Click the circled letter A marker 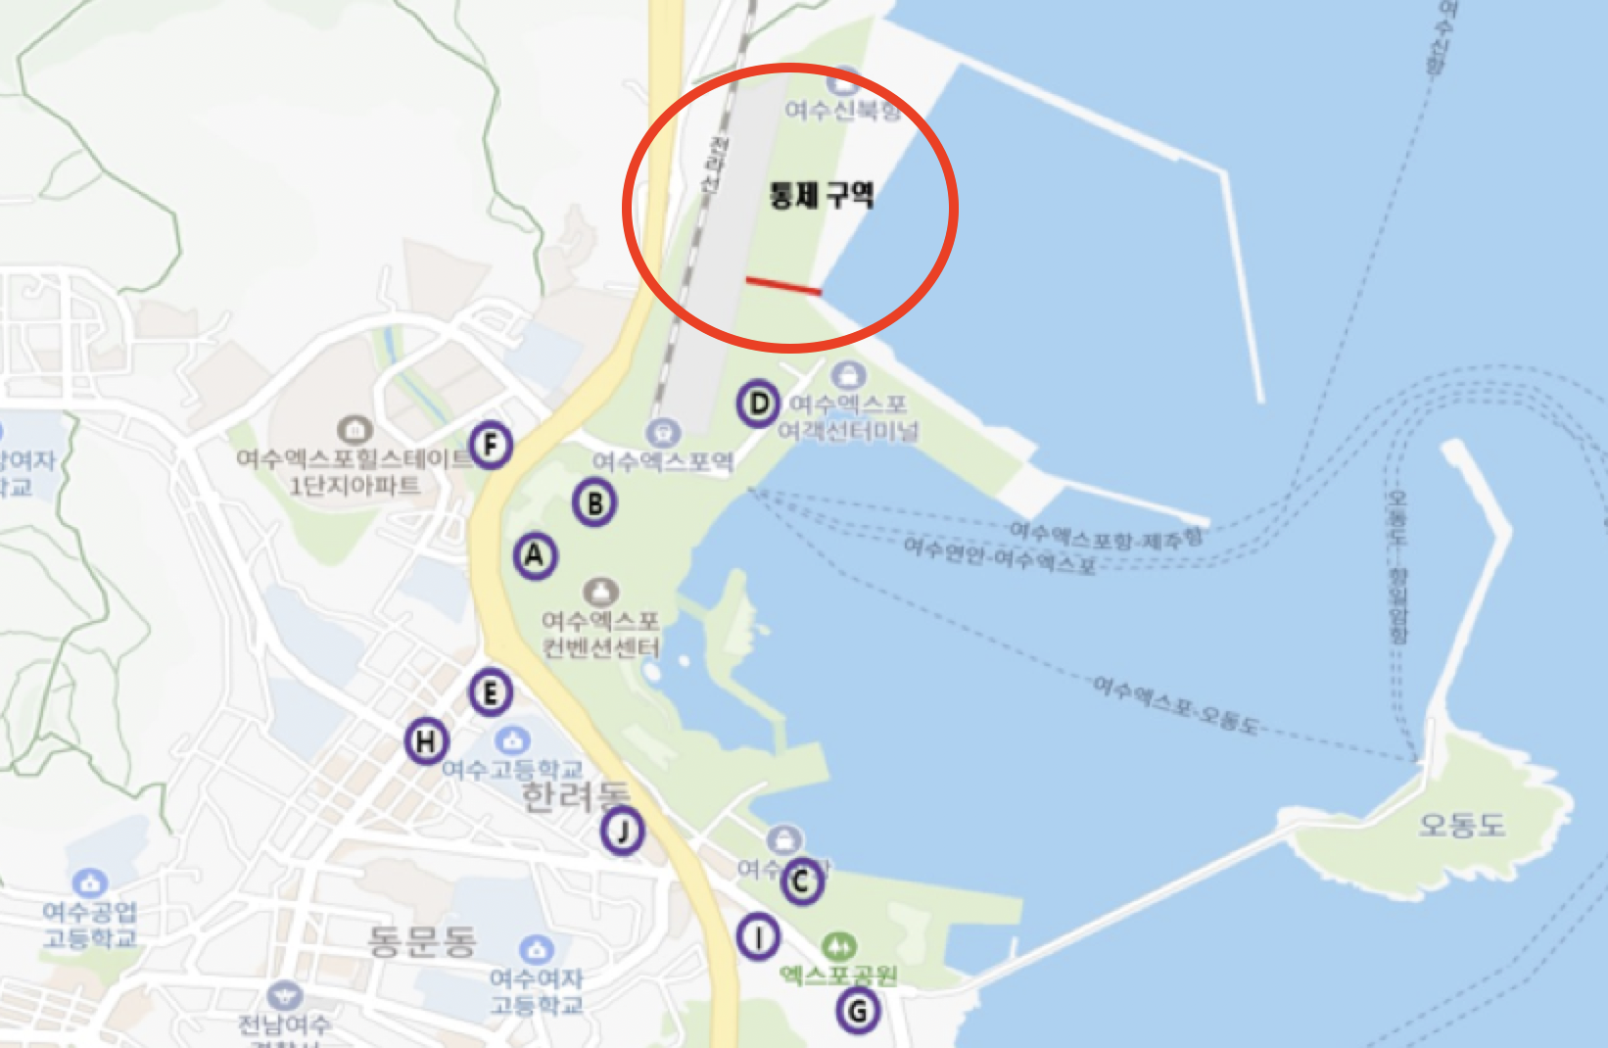coord(535,556)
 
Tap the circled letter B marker coord(594,503)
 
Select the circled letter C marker coord(801,882)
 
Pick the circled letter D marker coord(759,403)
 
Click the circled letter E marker coord(491,693)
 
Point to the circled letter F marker coord(491,446)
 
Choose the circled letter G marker coord(858,1010)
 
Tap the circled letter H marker coord(426,741)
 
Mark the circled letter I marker coord(758,937)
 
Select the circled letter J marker coord(622,832)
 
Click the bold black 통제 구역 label coord(821,195)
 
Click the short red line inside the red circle coord(783,286)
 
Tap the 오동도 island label coord(1461,825)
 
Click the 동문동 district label coord(422,941)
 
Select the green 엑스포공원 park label coord(838,975)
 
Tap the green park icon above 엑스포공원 coord(838,946)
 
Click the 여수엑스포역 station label coord(663,461)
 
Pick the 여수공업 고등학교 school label coord(90,925)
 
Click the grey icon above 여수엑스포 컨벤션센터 coord(600,592)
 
